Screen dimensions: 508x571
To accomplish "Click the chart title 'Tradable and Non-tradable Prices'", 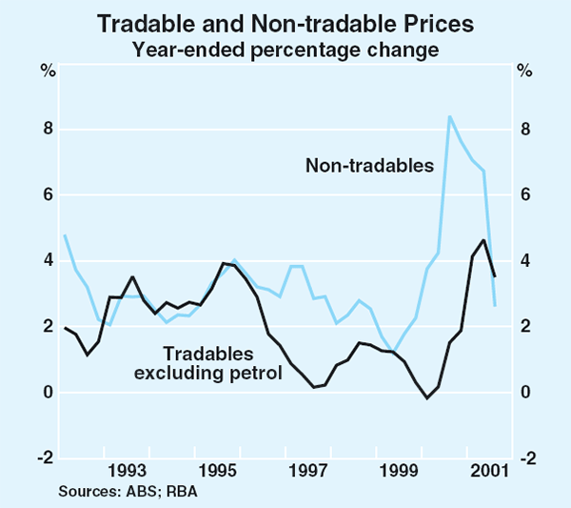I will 285,21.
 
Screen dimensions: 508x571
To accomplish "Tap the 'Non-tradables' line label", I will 369,166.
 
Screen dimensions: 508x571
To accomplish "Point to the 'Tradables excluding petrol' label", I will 215,359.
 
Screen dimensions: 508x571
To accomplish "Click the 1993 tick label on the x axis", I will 127,470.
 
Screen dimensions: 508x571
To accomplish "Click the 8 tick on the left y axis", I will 47,130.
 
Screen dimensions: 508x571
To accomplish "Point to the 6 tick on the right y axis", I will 522,195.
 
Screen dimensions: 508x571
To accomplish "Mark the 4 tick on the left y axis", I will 47,261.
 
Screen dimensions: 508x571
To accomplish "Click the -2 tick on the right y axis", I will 525,458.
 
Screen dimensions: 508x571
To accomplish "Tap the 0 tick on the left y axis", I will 47,393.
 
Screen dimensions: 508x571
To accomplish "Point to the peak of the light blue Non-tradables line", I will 449,116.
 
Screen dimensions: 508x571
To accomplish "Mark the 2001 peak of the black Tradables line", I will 483,240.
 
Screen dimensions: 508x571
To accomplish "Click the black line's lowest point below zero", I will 427,397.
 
